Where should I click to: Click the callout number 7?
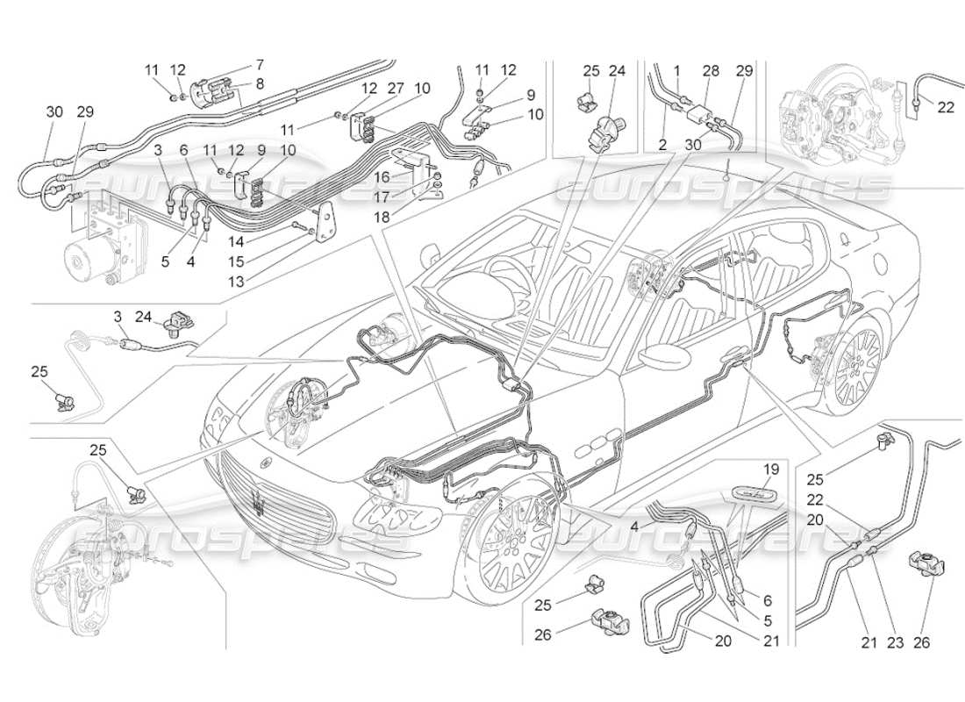[x=235, y=65]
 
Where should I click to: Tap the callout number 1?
[x=676, y=70]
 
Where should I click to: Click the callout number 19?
[x=770, y=469]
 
